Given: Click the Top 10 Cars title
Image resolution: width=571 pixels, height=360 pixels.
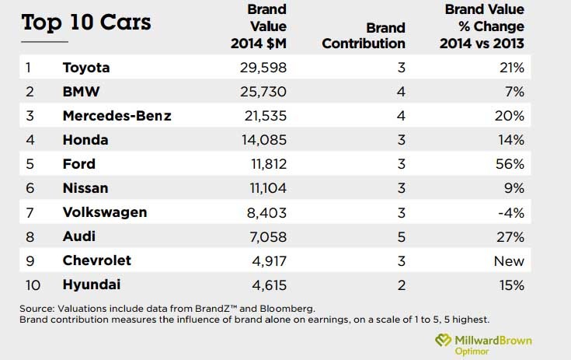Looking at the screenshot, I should pos(86,23).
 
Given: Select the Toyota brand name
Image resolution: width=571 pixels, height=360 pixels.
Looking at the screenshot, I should pos(85,68).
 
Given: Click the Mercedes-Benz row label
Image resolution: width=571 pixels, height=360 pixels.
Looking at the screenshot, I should pos(117,116).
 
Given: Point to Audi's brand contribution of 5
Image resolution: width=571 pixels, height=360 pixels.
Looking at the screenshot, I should pos(401,236).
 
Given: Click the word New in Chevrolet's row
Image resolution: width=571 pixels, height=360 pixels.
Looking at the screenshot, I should pos(510,260).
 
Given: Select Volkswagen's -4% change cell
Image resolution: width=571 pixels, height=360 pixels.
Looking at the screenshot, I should pos(513,212).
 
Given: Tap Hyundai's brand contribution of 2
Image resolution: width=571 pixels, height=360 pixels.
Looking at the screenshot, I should pos(401,285).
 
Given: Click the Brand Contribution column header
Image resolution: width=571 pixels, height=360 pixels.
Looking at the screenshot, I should pos(364,36).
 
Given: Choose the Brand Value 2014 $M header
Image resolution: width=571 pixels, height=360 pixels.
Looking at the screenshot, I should pos(259,27).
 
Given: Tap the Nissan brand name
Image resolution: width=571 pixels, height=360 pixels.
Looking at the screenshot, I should pos(85,188).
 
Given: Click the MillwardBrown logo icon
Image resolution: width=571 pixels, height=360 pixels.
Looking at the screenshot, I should pos(443,341).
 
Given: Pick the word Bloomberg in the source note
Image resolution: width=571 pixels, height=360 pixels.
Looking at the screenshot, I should pos(288,308).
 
